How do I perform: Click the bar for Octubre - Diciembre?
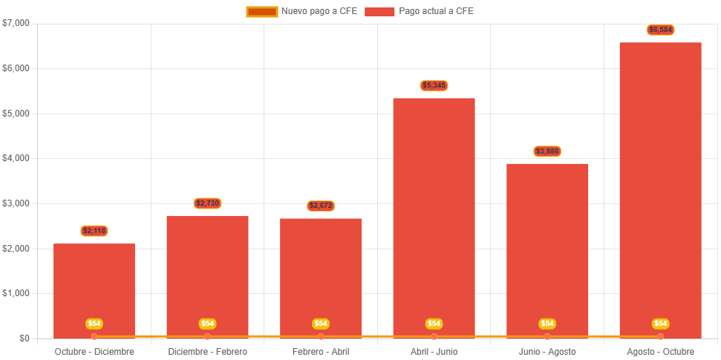94,289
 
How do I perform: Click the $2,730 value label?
207,203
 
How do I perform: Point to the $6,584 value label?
660,30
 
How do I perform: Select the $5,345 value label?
434,85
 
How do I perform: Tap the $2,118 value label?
94,231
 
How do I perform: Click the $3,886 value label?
547,151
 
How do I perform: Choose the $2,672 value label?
321,206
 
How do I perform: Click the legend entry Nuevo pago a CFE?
301,11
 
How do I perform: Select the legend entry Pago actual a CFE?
420,11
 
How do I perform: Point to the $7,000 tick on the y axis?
16,23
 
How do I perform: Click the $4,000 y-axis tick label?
16,158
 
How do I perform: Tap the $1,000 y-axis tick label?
16,293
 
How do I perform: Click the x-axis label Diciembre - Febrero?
207,351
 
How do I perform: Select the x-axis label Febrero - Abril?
321,351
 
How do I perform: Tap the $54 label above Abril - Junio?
434,324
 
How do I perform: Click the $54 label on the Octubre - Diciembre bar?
94,324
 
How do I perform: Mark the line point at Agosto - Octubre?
660,336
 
